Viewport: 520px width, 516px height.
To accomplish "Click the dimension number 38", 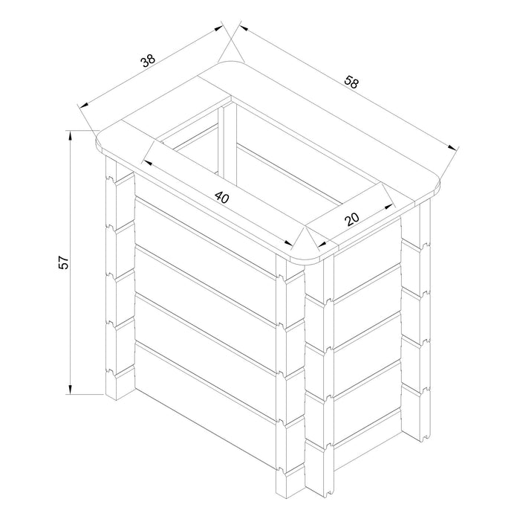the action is point(149,61).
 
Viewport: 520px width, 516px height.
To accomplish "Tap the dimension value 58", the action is point(351,82).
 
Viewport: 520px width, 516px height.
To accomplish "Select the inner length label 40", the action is point(222,197).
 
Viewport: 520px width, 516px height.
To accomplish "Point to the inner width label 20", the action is point(352,219).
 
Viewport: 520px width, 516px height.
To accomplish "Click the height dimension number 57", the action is point(63,262).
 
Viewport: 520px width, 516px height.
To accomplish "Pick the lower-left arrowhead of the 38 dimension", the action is point(84,105).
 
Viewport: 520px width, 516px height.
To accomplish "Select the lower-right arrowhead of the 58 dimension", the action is point(452,148).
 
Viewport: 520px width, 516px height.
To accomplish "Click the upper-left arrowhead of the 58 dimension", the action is point(244,28).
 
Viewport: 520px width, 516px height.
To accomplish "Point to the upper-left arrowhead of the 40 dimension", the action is point(147,163).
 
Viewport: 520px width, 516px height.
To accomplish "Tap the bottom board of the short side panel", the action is point(368,426).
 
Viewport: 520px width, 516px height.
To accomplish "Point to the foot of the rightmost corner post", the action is point(426,436).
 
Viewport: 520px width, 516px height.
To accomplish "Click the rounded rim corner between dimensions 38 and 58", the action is point(231,62).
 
